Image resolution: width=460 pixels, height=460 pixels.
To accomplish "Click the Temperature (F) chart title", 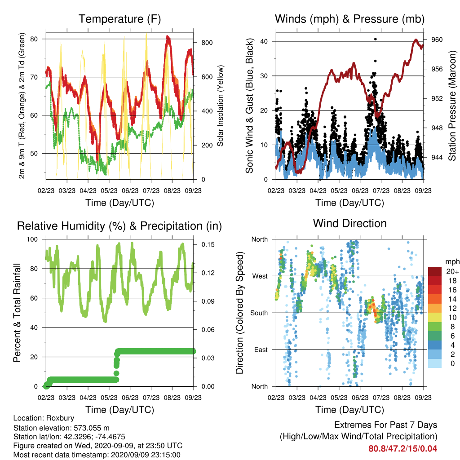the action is (x=119, y=19).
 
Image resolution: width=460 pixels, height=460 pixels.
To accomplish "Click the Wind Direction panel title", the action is (x=349, y=223).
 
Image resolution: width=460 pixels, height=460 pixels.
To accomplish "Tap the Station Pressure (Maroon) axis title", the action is (x=452, y=106).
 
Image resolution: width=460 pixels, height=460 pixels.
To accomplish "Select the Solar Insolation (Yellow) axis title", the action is (x=220, y=106).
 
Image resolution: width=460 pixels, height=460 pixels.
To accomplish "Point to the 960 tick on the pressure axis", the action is (x=437, y=40).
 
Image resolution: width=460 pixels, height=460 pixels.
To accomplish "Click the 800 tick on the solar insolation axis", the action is (x=207, y=43).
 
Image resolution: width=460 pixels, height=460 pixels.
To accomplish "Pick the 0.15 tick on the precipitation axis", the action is (x=208, y=245).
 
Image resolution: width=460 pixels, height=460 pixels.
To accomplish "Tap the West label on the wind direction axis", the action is (x=260, y=276).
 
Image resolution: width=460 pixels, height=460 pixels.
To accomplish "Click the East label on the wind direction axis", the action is (x=261, y=349).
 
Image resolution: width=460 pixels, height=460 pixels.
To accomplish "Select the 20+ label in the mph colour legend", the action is (x=452, y=271).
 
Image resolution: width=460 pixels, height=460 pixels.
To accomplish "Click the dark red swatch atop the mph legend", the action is (x=435, y=271).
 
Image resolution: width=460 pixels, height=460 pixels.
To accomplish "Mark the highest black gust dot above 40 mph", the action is (x=376, y=39).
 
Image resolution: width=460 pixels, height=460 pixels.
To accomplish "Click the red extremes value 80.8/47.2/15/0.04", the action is (x=403, y=449).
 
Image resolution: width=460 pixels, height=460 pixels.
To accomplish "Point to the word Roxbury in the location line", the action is (x=60, y=418).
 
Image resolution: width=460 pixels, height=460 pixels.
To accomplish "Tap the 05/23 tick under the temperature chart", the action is (x=109, y=190).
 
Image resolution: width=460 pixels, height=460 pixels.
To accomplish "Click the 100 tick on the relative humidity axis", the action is (x=32, y=239).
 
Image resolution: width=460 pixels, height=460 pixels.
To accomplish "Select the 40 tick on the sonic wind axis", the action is (x=264, y=41).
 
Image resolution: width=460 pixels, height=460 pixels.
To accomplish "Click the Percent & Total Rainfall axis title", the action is (x=17, y=313).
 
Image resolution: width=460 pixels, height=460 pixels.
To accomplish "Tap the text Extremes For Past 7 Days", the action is (x=386, y=425).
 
